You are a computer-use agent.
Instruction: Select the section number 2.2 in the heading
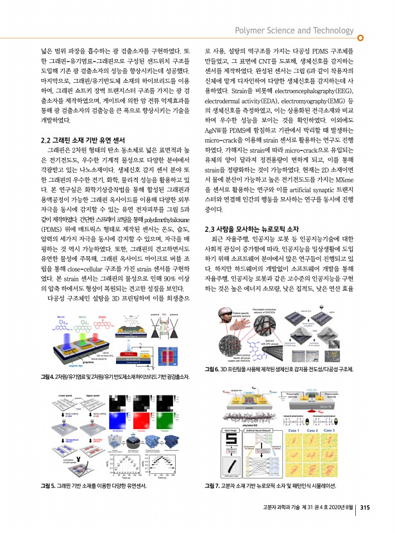[x=47, y=139]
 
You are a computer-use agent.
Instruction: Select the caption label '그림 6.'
[x=212, y=371]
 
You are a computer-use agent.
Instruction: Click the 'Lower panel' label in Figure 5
[x=51, y=389]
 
